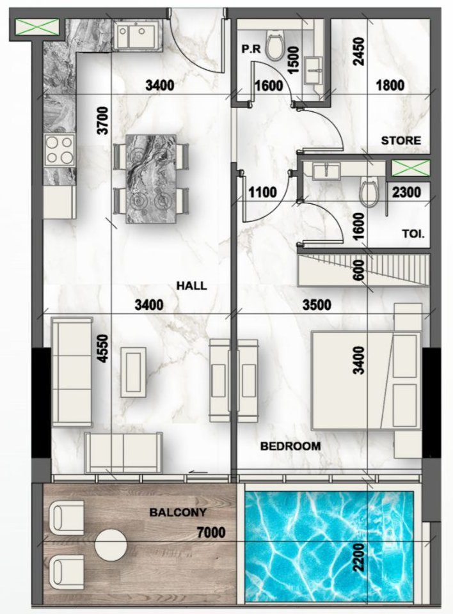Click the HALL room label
coord(192,286)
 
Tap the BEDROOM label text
coord(290,446)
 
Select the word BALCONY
coord(173,512)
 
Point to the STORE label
coord(401,140)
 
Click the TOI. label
coord(414,234)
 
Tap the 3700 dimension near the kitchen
coord(102,120)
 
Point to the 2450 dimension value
coord(358,52)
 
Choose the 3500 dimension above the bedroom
coord(316,305)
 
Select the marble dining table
coord(151,178)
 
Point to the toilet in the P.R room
coord(274,47)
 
